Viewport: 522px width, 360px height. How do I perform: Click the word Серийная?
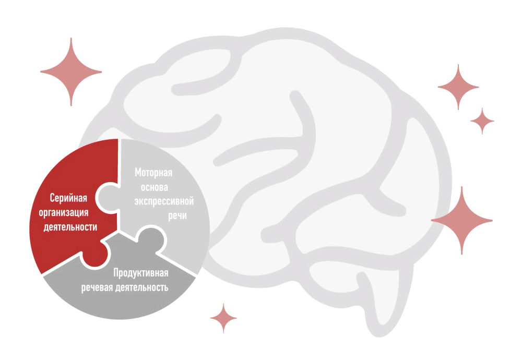(68, 198)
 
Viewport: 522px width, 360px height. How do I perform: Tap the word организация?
(64, 213)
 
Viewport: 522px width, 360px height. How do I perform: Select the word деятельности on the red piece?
(70, 227)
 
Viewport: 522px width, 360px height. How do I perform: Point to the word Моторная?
(153, 172)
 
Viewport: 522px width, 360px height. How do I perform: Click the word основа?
(154, 187)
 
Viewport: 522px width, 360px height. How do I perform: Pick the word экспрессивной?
(164, 201)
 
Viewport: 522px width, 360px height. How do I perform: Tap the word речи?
(177, 216)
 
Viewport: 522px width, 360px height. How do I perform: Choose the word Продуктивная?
(141, 273)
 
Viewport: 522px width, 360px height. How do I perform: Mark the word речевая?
(97, 288)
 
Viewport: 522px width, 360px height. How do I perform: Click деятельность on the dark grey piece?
(141, 287)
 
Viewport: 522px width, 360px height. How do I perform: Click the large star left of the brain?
(71, 71)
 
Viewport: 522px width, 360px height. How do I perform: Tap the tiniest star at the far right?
(482, 121)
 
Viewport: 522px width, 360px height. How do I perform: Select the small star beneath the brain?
(223, 318)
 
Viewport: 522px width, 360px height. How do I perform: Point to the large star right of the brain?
(462, 220)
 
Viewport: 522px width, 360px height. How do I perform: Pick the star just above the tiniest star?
(458, 87)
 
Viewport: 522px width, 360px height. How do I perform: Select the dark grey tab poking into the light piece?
(151, 238)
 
